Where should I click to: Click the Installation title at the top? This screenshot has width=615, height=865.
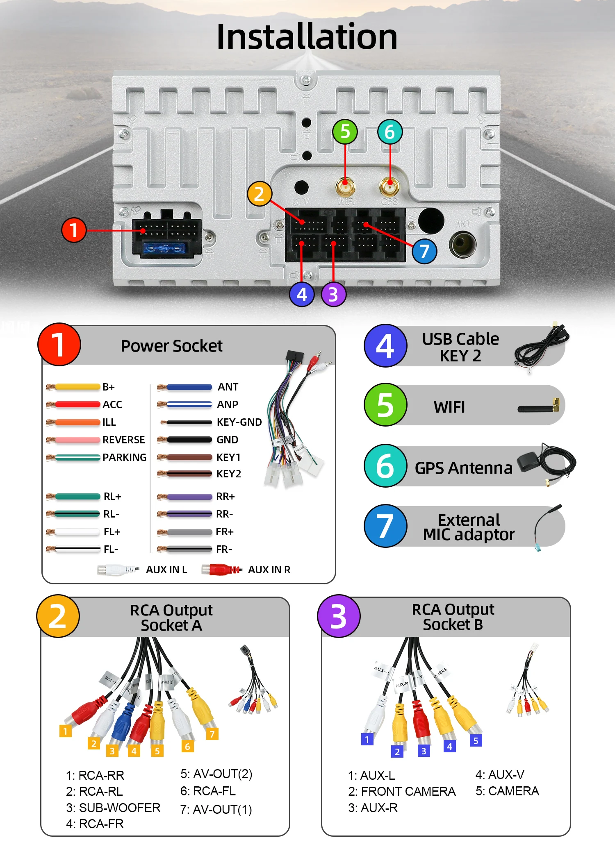[307, 37]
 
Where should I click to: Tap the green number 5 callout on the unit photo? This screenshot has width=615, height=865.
[345, 132]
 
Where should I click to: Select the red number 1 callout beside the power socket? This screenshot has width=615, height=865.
[74, 230]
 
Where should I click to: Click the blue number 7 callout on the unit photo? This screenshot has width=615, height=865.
[424, 251]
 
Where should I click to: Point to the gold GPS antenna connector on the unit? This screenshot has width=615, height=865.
[389, 186]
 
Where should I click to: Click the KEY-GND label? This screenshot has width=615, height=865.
[239, 422]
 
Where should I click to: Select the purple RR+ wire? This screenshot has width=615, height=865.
[189, 497]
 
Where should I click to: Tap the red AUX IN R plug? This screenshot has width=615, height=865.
[221, 570]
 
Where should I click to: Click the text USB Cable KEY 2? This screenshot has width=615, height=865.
[460, 347]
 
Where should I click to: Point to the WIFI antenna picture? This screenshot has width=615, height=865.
[538, 407]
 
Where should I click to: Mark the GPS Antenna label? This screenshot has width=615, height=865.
[463, 468]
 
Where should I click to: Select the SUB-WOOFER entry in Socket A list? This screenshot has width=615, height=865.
[113, 808]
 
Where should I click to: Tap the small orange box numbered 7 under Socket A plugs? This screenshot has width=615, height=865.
[212, 734]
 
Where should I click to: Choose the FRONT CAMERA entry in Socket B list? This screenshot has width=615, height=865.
[402, 791]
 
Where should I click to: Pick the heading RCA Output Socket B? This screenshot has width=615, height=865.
[453, 617]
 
